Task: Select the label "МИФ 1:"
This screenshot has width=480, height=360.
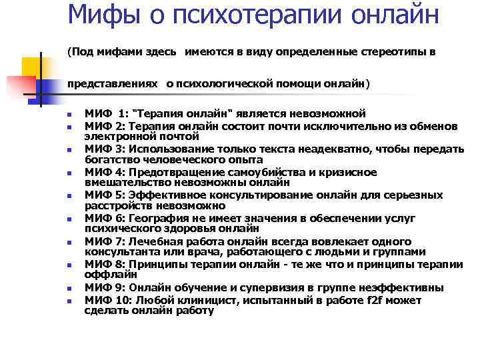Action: [x=106, y=114]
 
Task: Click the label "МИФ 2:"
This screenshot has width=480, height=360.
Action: [x=105, y=126]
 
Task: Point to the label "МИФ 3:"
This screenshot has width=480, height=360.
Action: [x=105, y=150]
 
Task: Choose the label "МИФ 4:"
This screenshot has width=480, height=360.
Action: [x=105, y=173]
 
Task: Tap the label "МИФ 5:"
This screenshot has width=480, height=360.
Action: [x=105, y=195]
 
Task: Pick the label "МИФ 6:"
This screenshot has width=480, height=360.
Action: [x=105, y=218]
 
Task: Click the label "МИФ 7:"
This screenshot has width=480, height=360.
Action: [x=105, y=241]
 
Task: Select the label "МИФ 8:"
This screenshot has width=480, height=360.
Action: [x=105, y=264]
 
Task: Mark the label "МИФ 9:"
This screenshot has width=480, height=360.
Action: [x=105, y=287]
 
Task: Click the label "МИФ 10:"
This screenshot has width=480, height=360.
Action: [x=109, y=300]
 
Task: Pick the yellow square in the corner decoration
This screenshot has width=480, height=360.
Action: [x=32, y=67]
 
